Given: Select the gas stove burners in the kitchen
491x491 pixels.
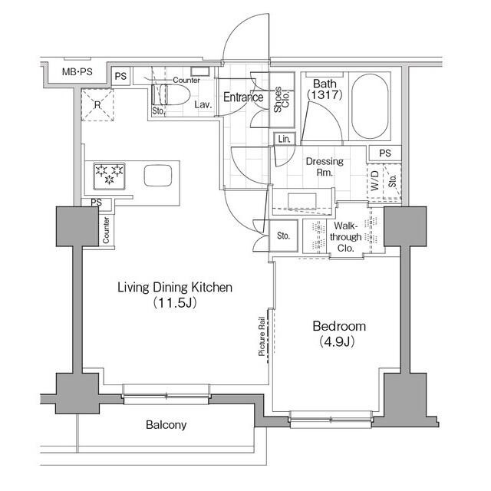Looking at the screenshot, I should coord(108,175).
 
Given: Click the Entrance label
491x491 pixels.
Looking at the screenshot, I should coord(243,97).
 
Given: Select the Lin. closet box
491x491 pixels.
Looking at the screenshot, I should coord(285,139).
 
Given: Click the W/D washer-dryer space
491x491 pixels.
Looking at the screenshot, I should coord(374,183).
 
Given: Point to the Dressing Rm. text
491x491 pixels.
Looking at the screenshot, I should coord(325,167).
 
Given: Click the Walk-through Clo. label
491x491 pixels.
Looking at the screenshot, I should coord(347,237).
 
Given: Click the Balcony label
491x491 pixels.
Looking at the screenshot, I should coord(166,424).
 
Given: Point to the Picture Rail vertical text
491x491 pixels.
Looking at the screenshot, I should coord(262,336).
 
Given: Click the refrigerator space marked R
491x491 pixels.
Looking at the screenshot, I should coord(98,105).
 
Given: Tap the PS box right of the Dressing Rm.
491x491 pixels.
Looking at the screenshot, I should coord(384,153).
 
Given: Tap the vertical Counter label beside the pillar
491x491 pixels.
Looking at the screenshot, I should coord(105,229).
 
